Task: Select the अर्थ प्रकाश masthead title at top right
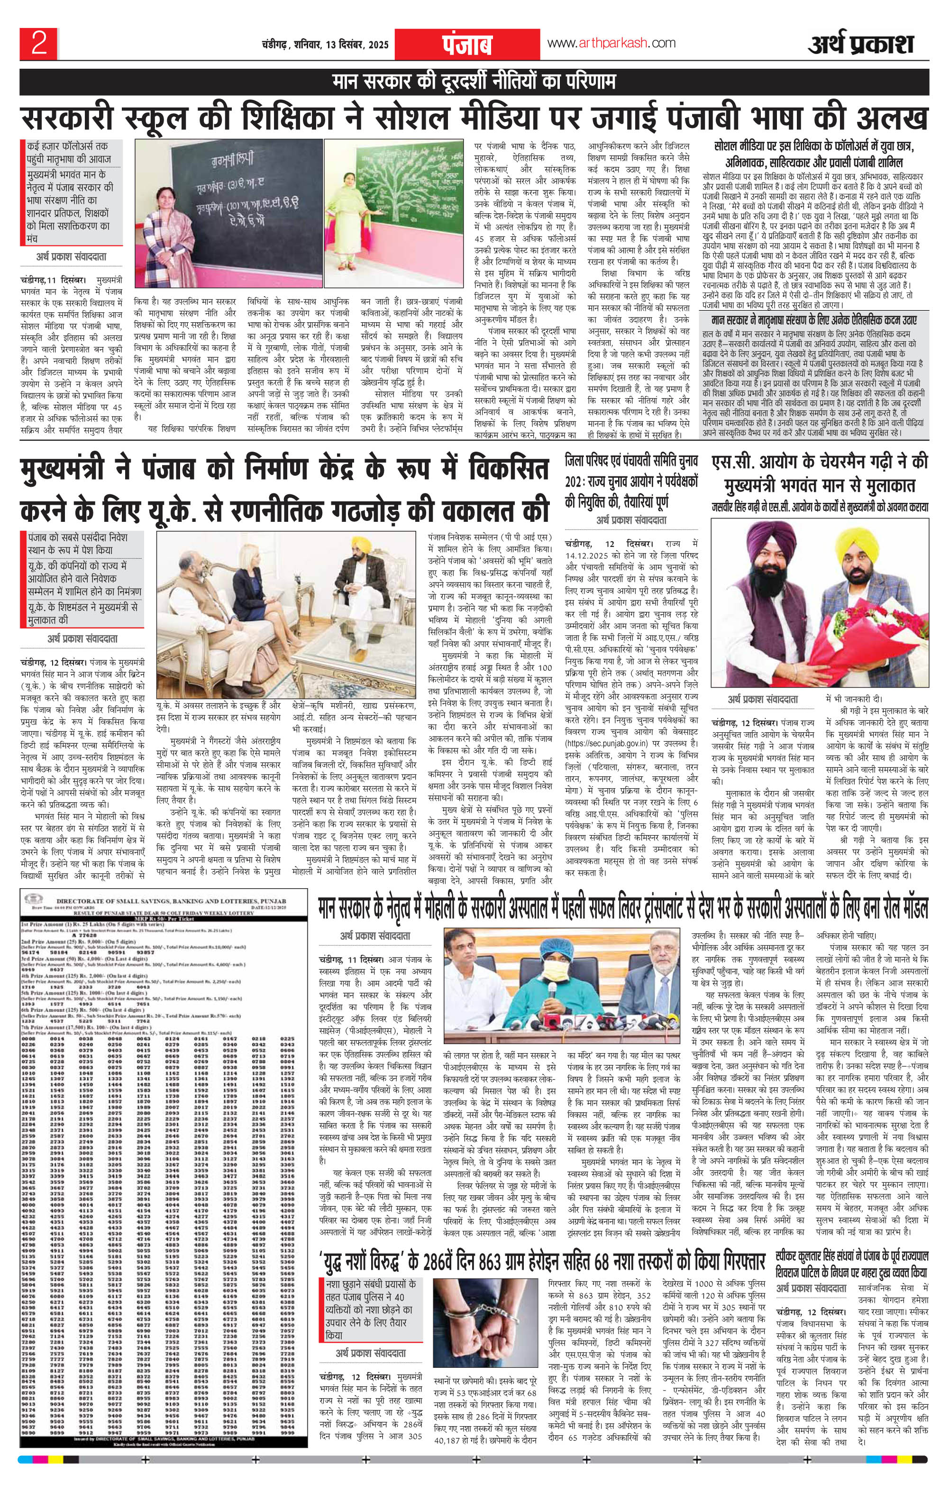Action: [862, 44]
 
